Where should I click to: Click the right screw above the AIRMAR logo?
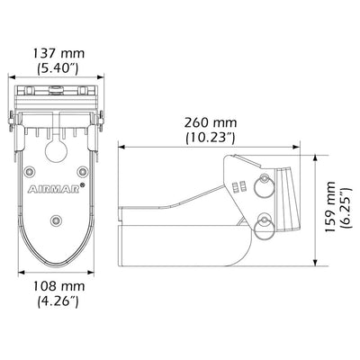click(x=82, y=171)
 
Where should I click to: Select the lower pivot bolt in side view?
click(x=264, y=225)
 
